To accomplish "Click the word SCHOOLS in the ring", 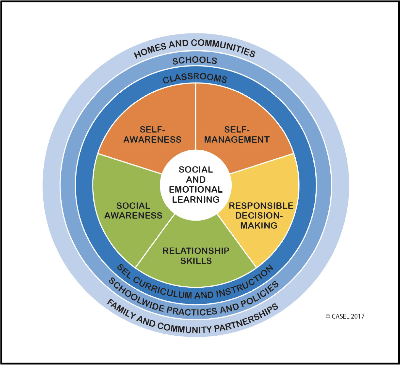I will coord(195,60).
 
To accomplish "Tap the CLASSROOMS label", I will coord(195,78).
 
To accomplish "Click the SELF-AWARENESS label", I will coord(152,135).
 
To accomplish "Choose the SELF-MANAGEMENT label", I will coord(237,135).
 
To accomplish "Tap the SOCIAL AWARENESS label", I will coord(133,211).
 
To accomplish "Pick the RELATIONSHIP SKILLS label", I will coord(196,256).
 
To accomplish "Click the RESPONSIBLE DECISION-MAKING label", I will coord(260,215).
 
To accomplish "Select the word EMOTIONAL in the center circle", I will coord(196,189).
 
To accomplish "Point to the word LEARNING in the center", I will coord(196,199).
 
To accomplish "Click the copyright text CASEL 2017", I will coord(345,316).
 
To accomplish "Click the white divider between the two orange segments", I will coord(196,116).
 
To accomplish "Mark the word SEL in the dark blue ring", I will coord(124,271).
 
